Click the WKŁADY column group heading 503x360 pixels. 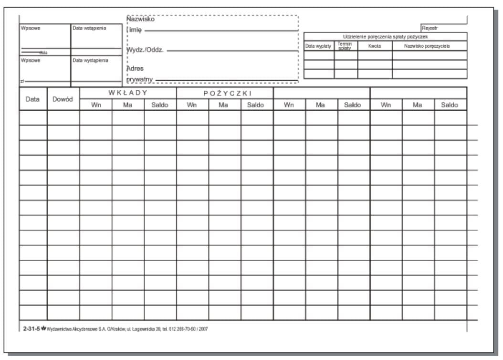tap(128, 93)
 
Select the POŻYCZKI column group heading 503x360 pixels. tap(225, 93)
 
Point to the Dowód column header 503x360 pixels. tap(63, 99)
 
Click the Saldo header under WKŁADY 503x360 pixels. tap(160, 105)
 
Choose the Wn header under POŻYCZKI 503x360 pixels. tap(192, 105)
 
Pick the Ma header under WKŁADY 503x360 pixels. tap(127, 105)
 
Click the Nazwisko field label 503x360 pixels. tap(140, 19)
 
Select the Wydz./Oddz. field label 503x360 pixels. tap(145, 50)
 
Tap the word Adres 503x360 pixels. tap(135, 68)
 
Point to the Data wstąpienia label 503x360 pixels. tap(89, 28)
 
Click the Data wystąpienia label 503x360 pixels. tap(90, 61)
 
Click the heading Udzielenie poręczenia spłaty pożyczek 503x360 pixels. tap(385, 37)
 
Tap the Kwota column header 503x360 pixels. tap(375, 46)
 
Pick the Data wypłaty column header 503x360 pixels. tap(318, 46)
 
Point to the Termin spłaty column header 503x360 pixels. tap(345, 46)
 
